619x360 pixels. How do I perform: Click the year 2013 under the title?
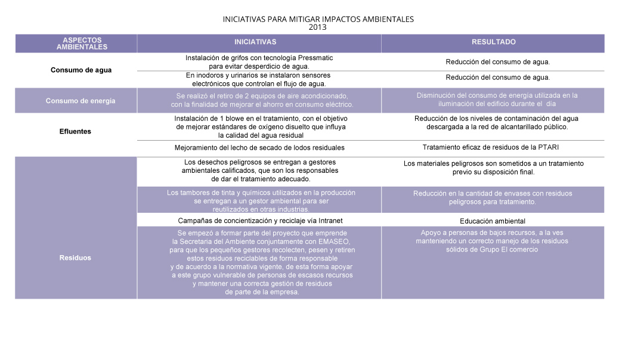(x=318, y=27)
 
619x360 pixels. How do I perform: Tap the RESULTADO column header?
(x=493, y=42)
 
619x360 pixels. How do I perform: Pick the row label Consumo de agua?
(x=81, y=70)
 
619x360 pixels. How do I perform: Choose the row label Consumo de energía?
(x=81, y=101)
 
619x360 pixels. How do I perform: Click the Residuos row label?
(x=75, y=258)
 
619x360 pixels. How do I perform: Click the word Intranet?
(x=329, y=221)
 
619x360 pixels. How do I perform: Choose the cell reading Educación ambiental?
(x=493, y=221)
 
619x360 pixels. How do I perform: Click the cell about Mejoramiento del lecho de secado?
(x=259, y=147)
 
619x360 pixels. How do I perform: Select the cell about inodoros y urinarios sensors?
(x=259, y=80)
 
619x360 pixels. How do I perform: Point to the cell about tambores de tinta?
(x=259, y=201)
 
